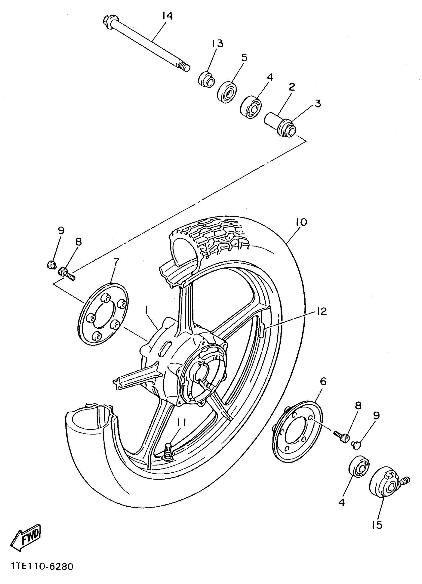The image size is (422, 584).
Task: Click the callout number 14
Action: point(167,16)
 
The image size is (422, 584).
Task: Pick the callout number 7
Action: point(116,262)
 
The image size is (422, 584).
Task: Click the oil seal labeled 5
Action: point(227,92)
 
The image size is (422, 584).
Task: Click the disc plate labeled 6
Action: point(296,432)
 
